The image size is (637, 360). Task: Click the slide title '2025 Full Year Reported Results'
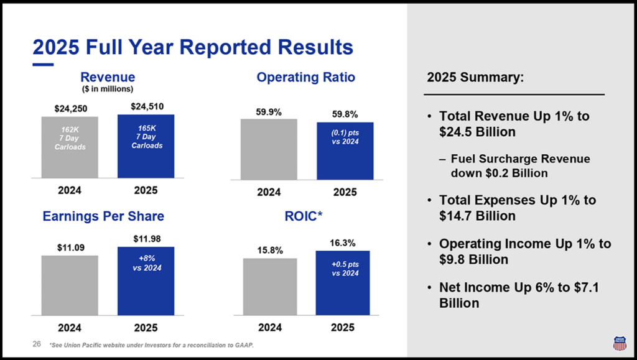coord(192,47)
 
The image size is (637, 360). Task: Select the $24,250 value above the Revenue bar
coord(70,108)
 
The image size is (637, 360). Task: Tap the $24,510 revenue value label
coord(146,106)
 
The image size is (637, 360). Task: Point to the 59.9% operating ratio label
coord(269,112)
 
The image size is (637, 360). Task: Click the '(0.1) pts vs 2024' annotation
coord(345,136)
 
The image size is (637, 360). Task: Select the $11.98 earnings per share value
coord(146,239)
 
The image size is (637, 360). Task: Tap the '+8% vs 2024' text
coord(146,264)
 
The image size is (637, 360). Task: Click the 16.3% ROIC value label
coord(343,242)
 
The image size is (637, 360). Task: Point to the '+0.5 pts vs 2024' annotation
coord(345,269)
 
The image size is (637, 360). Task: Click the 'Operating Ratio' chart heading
coord(305,77)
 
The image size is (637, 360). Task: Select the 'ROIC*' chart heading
coord(305,216)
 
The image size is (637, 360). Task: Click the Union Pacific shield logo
coord(619,343)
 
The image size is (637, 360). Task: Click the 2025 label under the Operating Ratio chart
coord(345,192)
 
